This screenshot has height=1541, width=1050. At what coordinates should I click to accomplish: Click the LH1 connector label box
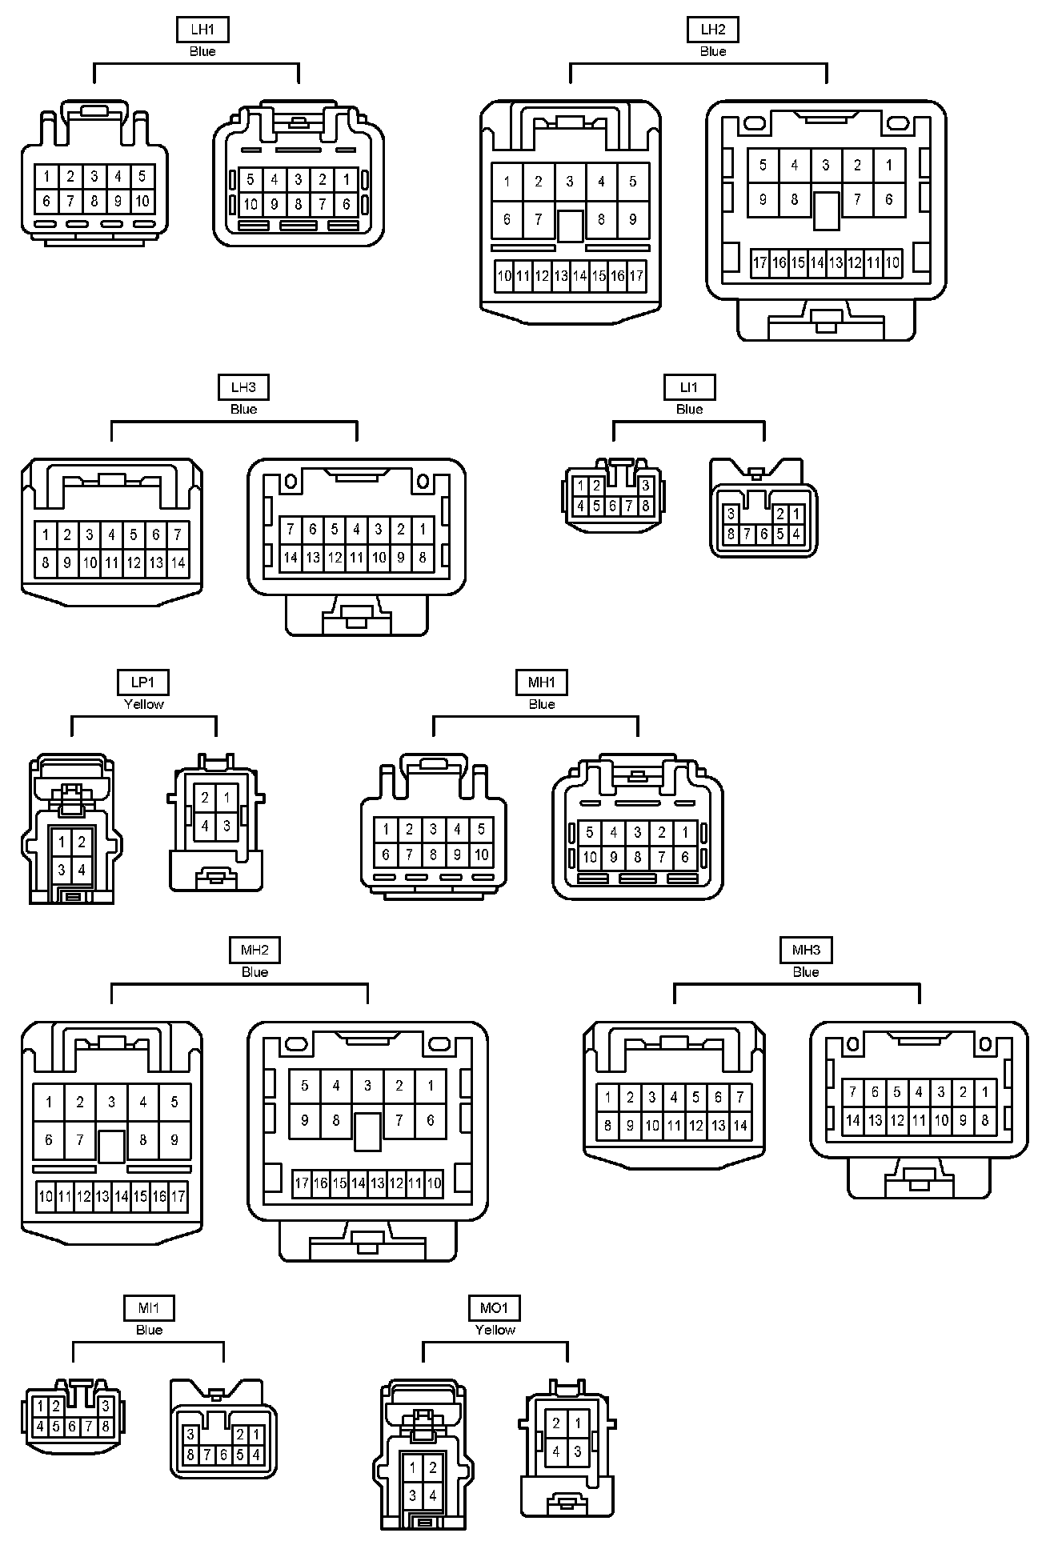coord(202,30)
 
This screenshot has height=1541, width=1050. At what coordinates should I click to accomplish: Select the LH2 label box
coord(712,30)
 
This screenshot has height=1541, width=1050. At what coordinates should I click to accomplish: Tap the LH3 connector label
coord(243,388)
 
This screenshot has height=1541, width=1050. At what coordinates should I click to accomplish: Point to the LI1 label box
coord(689,388)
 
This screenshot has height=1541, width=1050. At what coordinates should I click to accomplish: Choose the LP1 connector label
coord(143,682)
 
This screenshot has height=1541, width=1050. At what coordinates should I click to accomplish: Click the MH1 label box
coord(542,682)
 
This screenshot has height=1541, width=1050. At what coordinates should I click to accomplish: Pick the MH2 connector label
coord(254,951)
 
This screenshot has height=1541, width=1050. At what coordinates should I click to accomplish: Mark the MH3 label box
coord(806,951)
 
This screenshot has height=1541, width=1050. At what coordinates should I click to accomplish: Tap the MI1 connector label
coord(149,1308)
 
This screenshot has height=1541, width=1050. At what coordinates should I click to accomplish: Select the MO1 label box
coord(495,1308)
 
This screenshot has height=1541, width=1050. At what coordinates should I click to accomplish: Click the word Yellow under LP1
coord(143,704)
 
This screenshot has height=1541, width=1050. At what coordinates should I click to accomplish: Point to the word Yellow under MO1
coord(495,1330)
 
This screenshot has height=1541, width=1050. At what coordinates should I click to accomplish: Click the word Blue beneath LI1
coord(689,409)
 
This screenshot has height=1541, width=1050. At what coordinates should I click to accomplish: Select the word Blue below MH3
coord(806,972)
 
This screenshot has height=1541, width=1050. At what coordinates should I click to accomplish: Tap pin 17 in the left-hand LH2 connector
coord(636,277)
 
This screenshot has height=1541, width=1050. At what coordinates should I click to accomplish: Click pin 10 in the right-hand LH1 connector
coord(250,204)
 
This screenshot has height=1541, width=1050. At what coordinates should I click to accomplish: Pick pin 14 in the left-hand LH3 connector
coord(178,562)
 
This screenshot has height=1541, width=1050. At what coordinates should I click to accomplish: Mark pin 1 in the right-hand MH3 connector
coord(985,1092)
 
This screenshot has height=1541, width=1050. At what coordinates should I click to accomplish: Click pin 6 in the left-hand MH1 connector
coord(386,855)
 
